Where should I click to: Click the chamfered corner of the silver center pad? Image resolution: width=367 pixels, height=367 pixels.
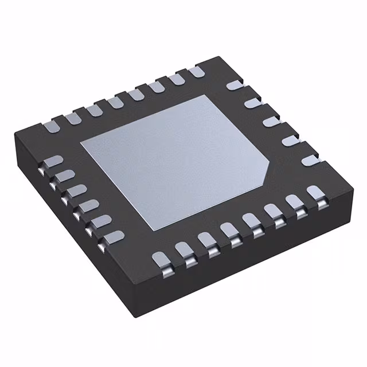pos(267,171)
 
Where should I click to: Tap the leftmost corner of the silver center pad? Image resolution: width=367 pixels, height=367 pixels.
pos(80,142)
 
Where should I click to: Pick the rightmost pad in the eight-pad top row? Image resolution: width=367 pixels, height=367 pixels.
pos(195,72)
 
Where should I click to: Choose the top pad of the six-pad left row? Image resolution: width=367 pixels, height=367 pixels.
pos(53,162)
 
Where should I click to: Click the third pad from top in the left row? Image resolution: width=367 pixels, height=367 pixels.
pos(75,190)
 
